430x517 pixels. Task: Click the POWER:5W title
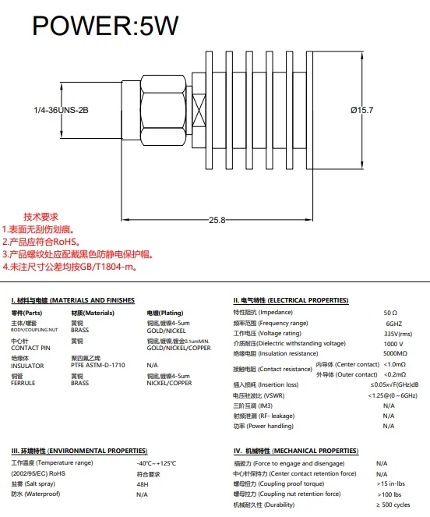(x=105, y=26)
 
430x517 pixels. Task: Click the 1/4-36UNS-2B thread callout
(x=61, y=110)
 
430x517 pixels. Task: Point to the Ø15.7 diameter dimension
(x=361, y=110)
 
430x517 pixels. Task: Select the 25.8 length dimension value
(x=217, y=220)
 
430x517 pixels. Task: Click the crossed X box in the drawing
(x=199, y=111)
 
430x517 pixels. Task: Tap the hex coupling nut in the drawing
(x=163, y=110)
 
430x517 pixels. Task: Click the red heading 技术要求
(x=41, y=217)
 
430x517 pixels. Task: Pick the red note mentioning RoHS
(x=41, y=242)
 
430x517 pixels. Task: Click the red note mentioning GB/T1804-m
(x=70, y=267)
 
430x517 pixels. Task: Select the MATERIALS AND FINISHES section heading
(x=72, y=300)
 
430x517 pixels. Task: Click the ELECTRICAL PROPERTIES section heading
(x=291, y=300)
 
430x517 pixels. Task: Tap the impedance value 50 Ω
(x=390, y=313)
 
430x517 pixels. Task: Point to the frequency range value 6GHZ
(x=394, y=324)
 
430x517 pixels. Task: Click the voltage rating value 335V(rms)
(x=398, y=334)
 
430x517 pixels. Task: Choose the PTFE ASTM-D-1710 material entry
(x=98, y=365)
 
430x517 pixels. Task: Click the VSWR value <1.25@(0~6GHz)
(x=393, y=395)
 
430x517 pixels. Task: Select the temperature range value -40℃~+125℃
(x=156, y=463)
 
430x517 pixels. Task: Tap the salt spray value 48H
(x=143, y=484)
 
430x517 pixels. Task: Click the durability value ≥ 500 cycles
(x=393, y=505)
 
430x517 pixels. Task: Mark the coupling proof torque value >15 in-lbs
(x=391, y=483)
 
